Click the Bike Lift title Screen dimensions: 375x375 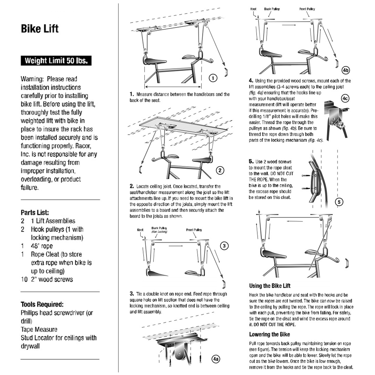[40, 29]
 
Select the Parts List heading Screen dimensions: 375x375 [35, 212]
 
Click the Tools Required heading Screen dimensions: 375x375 [42, 304]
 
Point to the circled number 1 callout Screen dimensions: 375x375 [213, 78]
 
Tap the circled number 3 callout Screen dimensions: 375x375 [223, 246]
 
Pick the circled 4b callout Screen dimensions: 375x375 [346, 70]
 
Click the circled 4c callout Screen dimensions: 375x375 [345, 98]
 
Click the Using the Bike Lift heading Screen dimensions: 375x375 [270, 286]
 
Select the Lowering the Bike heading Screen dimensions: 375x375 [269, 334]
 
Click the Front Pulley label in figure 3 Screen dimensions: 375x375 [194, 230]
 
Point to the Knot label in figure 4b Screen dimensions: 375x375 [254, 9]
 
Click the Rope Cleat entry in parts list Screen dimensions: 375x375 [47, 254]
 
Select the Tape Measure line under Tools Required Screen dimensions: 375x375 [39, 329]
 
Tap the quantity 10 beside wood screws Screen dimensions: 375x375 [24, 279]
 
